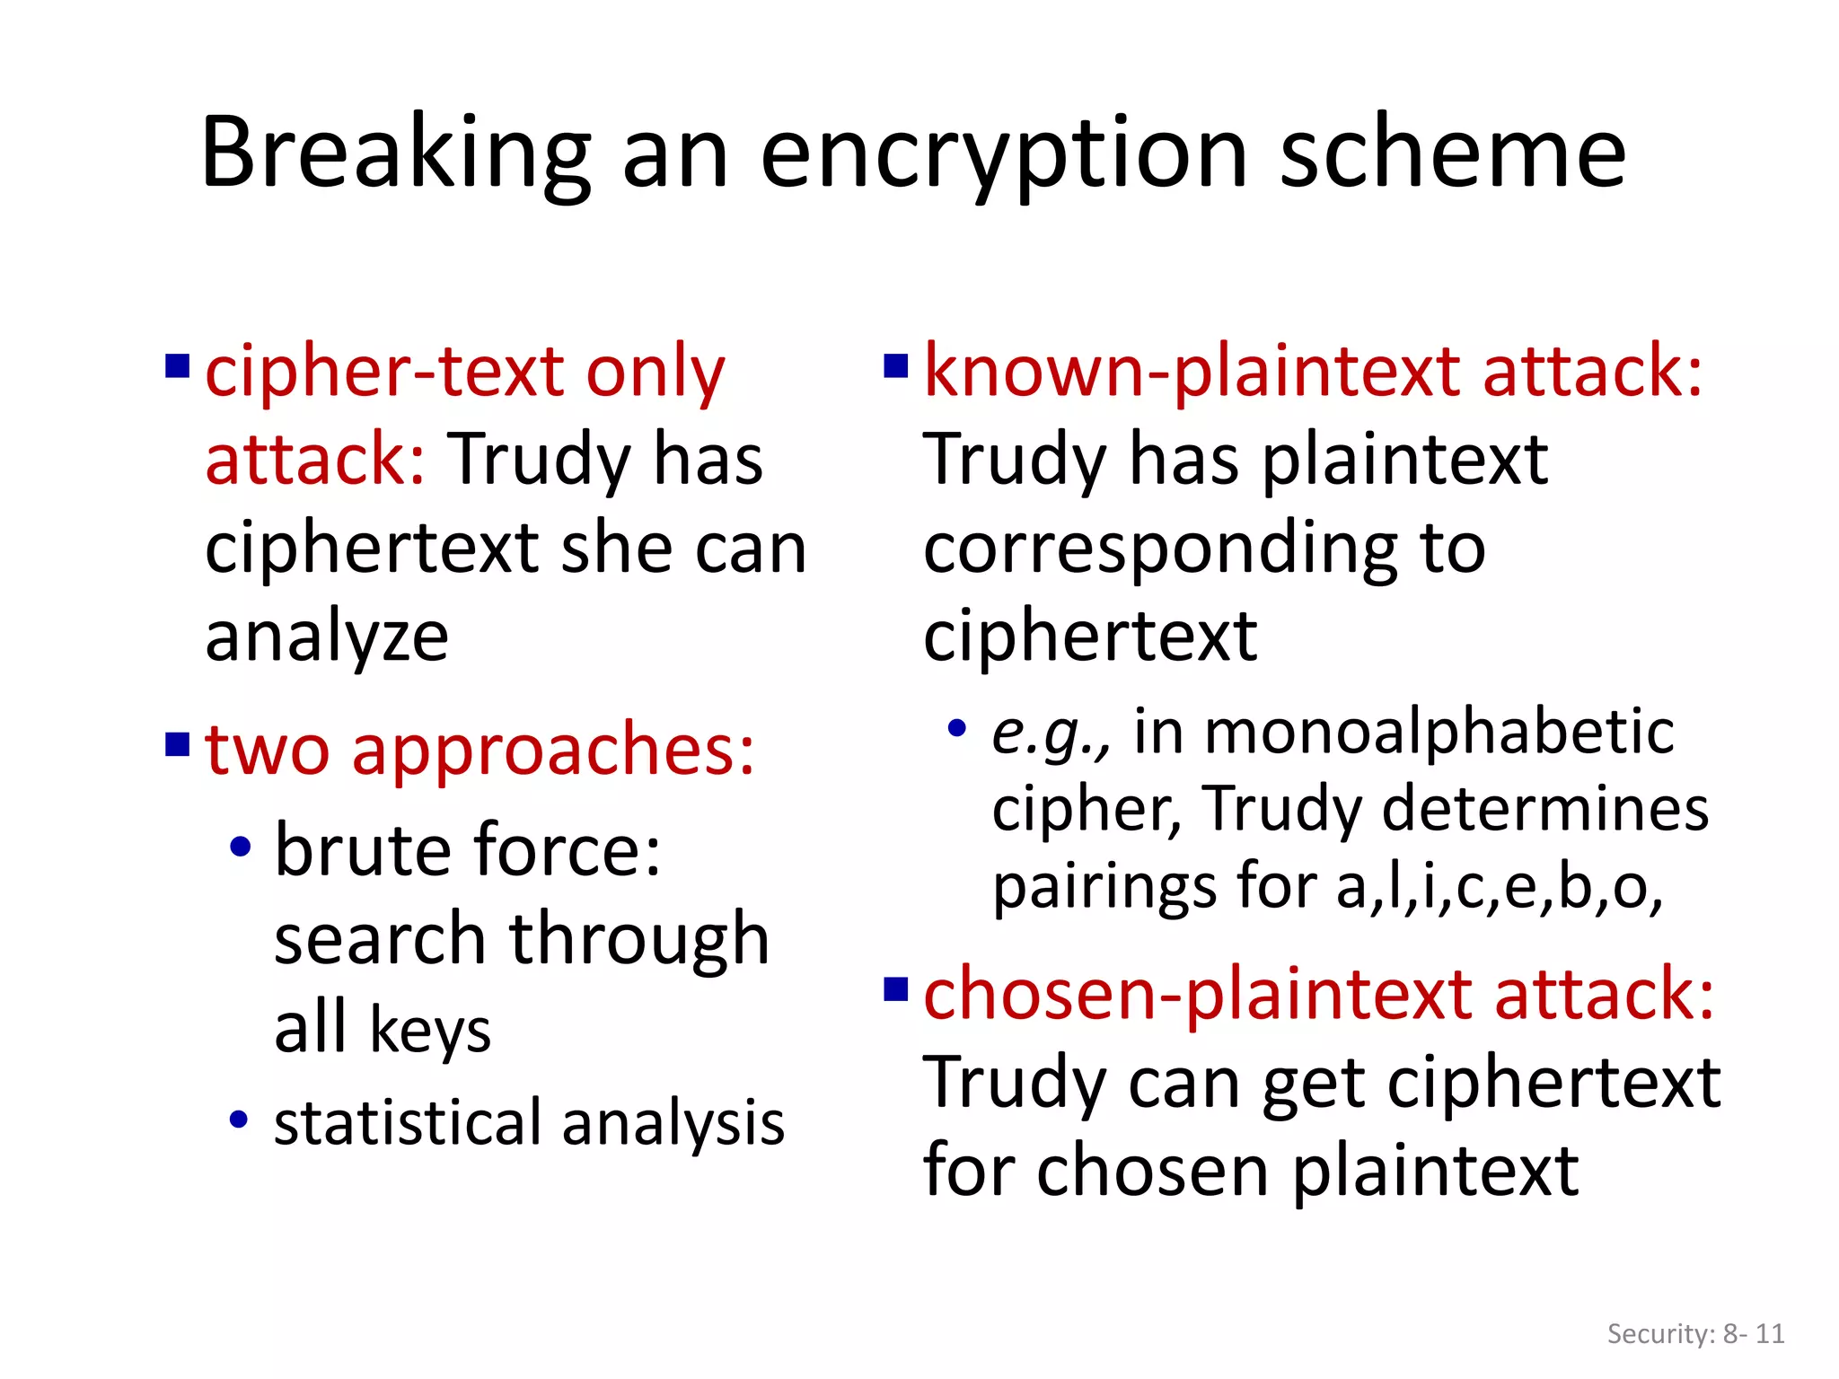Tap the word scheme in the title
(x=1451, y=154)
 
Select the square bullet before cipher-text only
(x=177, y=367)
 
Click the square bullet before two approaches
(x=177, y=744)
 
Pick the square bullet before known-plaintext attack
(x=896, y=367)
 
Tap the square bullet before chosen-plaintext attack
(x=896, y=988)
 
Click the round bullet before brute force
(x=240, y=847)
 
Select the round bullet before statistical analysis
(x=238, y=1119)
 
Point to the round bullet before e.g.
(x=957, y=728)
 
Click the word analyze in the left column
(x=327, y=637)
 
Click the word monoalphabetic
(x=1439, y=731)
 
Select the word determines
(x=1544, y=808)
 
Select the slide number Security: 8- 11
(x=1695, y=1333)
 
